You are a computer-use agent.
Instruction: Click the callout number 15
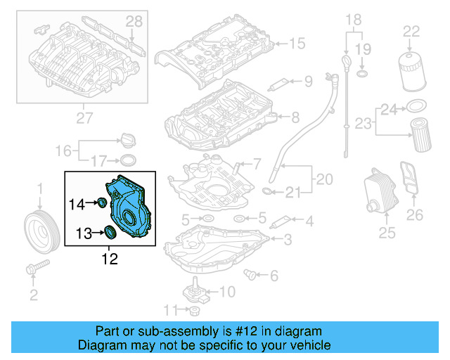(297, 44)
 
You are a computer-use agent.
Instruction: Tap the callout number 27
(84, 118)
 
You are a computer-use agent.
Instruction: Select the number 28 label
(134, 24)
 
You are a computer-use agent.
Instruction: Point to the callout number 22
(411, 30)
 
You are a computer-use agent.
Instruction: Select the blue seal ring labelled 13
(111, 231)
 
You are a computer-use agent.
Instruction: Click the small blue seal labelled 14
(101, 204)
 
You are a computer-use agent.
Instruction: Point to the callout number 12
(110, 259)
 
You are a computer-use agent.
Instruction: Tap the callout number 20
(324, 179)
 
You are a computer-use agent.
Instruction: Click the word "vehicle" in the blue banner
(309, 345)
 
